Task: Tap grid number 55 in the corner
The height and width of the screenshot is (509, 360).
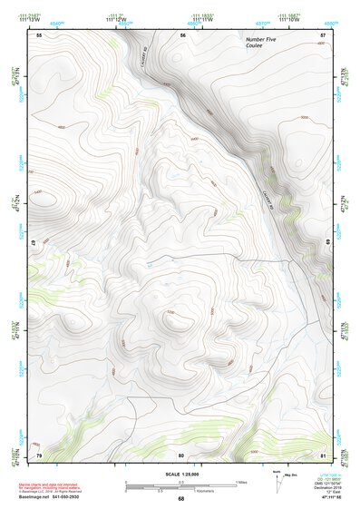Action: (x=39, y=34)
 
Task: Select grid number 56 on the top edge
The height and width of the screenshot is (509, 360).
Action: (x=182, y=34)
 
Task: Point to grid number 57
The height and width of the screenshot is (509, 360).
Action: (x=323, y=34)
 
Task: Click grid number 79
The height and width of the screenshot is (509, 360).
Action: (x=39, y=454)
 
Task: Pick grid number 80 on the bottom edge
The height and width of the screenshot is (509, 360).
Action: (x=181, y=454)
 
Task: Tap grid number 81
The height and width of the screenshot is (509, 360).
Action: (x=323, y=454)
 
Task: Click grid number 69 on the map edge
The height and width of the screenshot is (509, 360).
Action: (x=326, y=244)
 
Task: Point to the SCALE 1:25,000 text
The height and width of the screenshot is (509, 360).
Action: (x=181, y=474)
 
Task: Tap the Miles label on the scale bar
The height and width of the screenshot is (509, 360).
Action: (x=241, y=480)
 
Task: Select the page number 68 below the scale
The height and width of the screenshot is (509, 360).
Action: (x=181, y=498)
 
